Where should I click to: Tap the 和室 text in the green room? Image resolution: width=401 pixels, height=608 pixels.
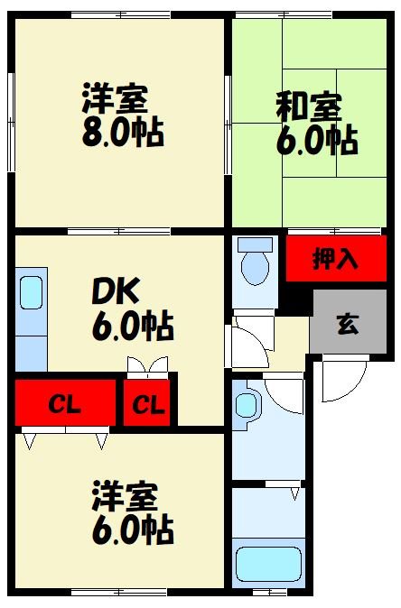click(308, 106)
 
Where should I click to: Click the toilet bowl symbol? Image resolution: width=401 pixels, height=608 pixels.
click(256, 268)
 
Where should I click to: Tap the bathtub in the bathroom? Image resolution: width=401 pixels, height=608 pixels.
click(266, 563)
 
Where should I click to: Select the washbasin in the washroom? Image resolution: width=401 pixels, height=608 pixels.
click(247, 404)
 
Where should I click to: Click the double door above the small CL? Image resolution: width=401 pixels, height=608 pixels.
click(148, 367)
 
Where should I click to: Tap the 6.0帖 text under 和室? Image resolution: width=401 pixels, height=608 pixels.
click(316, 141)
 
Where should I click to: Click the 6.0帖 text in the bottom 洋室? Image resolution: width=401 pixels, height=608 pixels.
click(132, 530)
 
